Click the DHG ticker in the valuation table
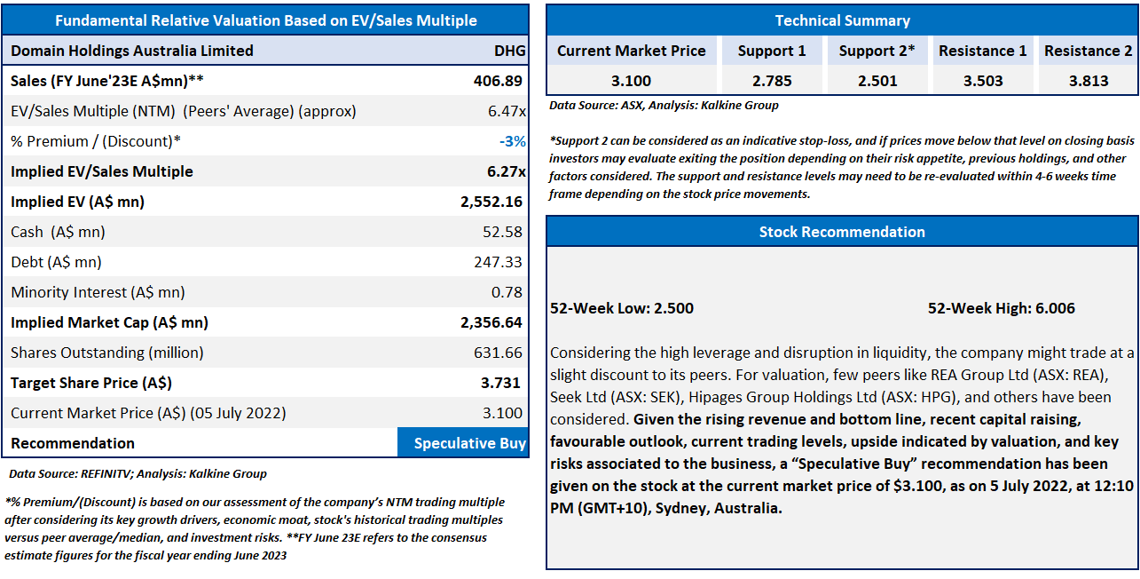tap(509, 51)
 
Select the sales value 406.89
tap(498, 81)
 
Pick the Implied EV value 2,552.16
tap(492, 202)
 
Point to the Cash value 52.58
tap(503, 232)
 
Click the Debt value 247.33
tap(499, 262)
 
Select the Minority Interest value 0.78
tap(508, 292)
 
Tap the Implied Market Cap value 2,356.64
tap(492, 322)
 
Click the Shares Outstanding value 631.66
tap(499, 353)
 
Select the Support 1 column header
tap(772, 51)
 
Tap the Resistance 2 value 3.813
tap(1088, 81)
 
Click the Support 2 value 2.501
tap(877, 81)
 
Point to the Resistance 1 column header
tap(982, 51)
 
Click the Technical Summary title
tap(842, 20)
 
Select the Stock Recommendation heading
tap(842, 232)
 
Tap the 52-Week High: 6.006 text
tap(1001, 308)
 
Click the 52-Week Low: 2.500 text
tap(622, 308)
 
